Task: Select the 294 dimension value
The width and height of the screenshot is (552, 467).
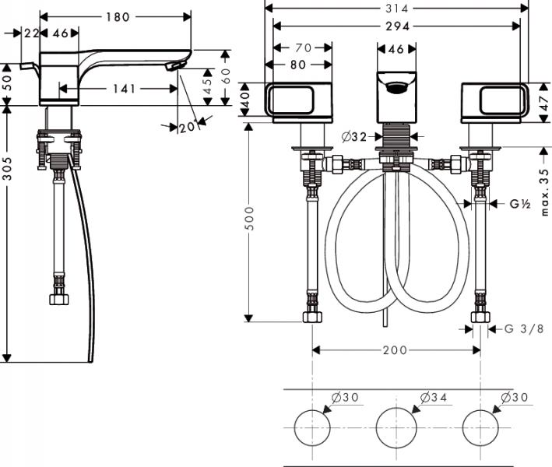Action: [x=393, y=25]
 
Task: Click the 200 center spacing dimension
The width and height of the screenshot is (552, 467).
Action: [x=395, y=350]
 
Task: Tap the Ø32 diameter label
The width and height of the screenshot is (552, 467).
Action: [x=355, y=137]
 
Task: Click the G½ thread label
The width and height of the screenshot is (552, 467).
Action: [x=520, y=205]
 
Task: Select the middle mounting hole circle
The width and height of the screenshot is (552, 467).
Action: [x=396, y=427]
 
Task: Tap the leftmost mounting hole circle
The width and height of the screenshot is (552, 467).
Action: [x=313, y=427]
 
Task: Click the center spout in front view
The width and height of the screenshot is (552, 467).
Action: [x=396, y=95]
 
